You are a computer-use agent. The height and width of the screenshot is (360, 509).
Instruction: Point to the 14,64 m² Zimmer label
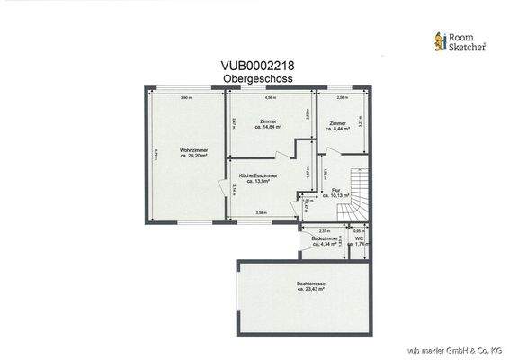point(268,126)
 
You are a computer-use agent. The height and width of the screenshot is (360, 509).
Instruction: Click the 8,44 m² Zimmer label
point(338,126)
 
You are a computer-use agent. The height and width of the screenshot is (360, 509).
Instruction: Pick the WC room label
point(360,242)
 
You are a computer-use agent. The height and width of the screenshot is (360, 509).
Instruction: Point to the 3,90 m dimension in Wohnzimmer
point(185,97)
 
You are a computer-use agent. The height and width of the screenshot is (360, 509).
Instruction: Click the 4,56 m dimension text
point(268,97)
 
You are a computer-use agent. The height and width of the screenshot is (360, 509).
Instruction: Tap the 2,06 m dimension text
point(342,97)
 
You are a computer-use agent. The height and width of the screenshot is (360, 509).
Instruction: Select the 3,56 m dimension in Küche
point(261,212)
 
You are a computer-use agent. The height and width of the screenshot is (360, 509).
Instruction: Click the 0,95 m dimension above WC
point(360,231)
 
